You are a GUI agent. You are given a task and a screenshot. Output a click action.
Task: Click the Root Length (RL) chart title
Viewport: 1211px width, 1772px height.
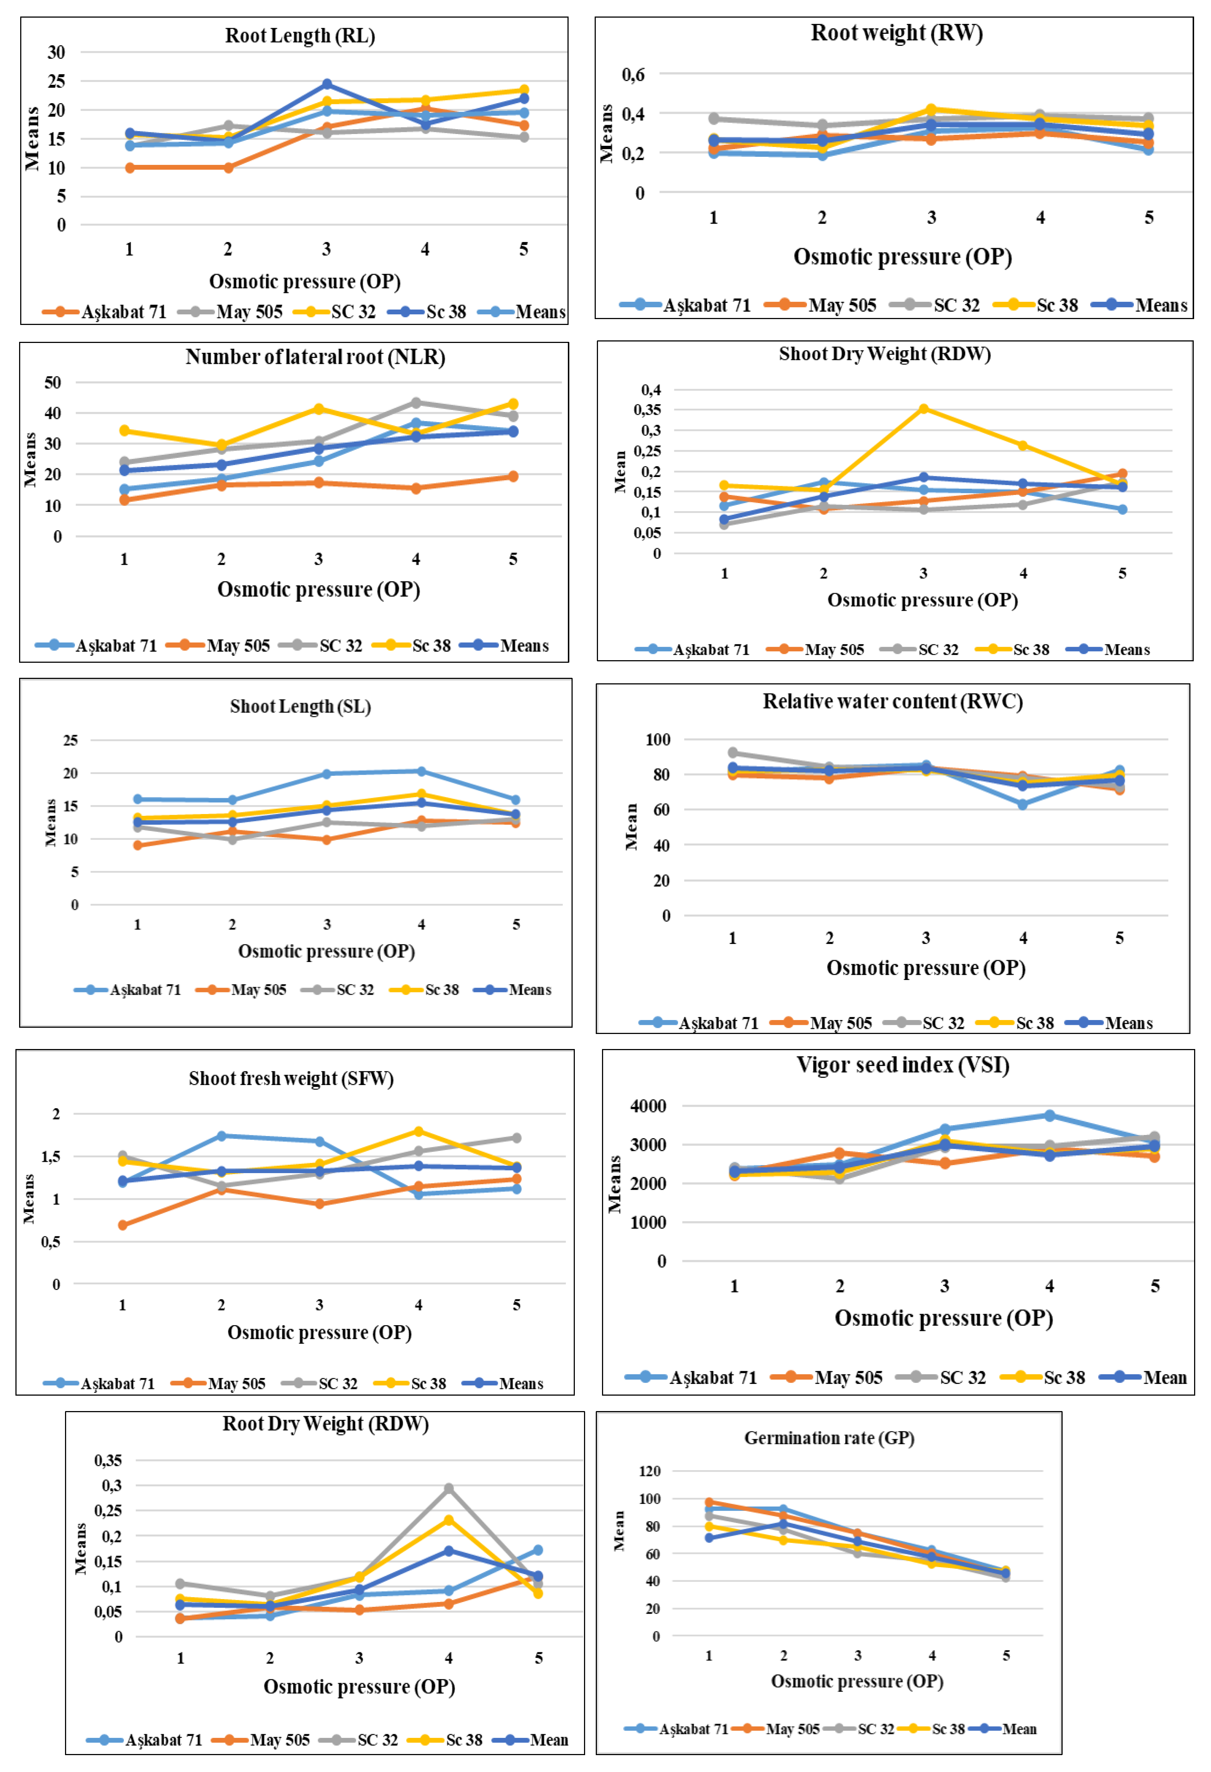[x=300, y=36]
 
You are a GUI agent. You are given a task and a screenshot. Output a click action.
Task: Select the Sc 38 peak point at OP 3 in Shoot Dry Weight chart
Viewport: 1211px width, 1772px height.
[x=923, y=409]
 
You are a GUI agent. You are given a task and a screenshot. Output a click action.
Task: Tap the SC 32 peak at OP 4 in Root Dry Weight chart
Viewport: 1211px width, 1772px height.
[x=448, y=1489]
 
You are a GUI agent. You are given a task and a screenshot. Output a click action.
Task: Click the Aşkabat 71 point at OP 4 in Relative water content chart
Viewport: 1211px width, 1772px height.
[x=1023, y=804]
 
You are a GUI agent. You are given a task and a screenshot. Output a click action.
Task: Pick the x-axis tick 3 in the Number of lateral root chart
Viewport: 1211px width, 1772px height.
[x=319, y=559]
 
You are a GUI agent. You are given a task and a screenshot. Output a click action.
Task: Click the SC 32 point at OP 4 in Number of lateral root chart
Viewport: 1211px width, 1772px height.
[x=416, y=402]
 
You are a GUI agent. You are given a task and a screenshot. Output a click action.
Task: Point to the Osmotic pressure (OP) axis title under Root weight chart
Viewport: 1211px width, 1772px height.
[x=902, y=257]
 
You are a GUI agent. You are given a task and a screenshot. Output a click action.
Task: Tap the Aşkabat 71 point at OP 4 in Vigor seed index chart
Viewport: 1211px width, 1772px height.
[x=1049, y=1115]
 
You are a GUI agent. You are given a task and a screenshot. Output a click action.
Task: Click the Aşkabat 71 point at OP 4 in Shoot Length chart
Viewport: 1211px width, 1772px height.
[x=421, y=772]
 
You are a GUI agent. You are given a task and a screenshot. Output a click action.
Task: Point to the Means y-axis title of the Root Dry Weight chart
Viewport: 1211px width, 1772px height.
[x=81, y=1549]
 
